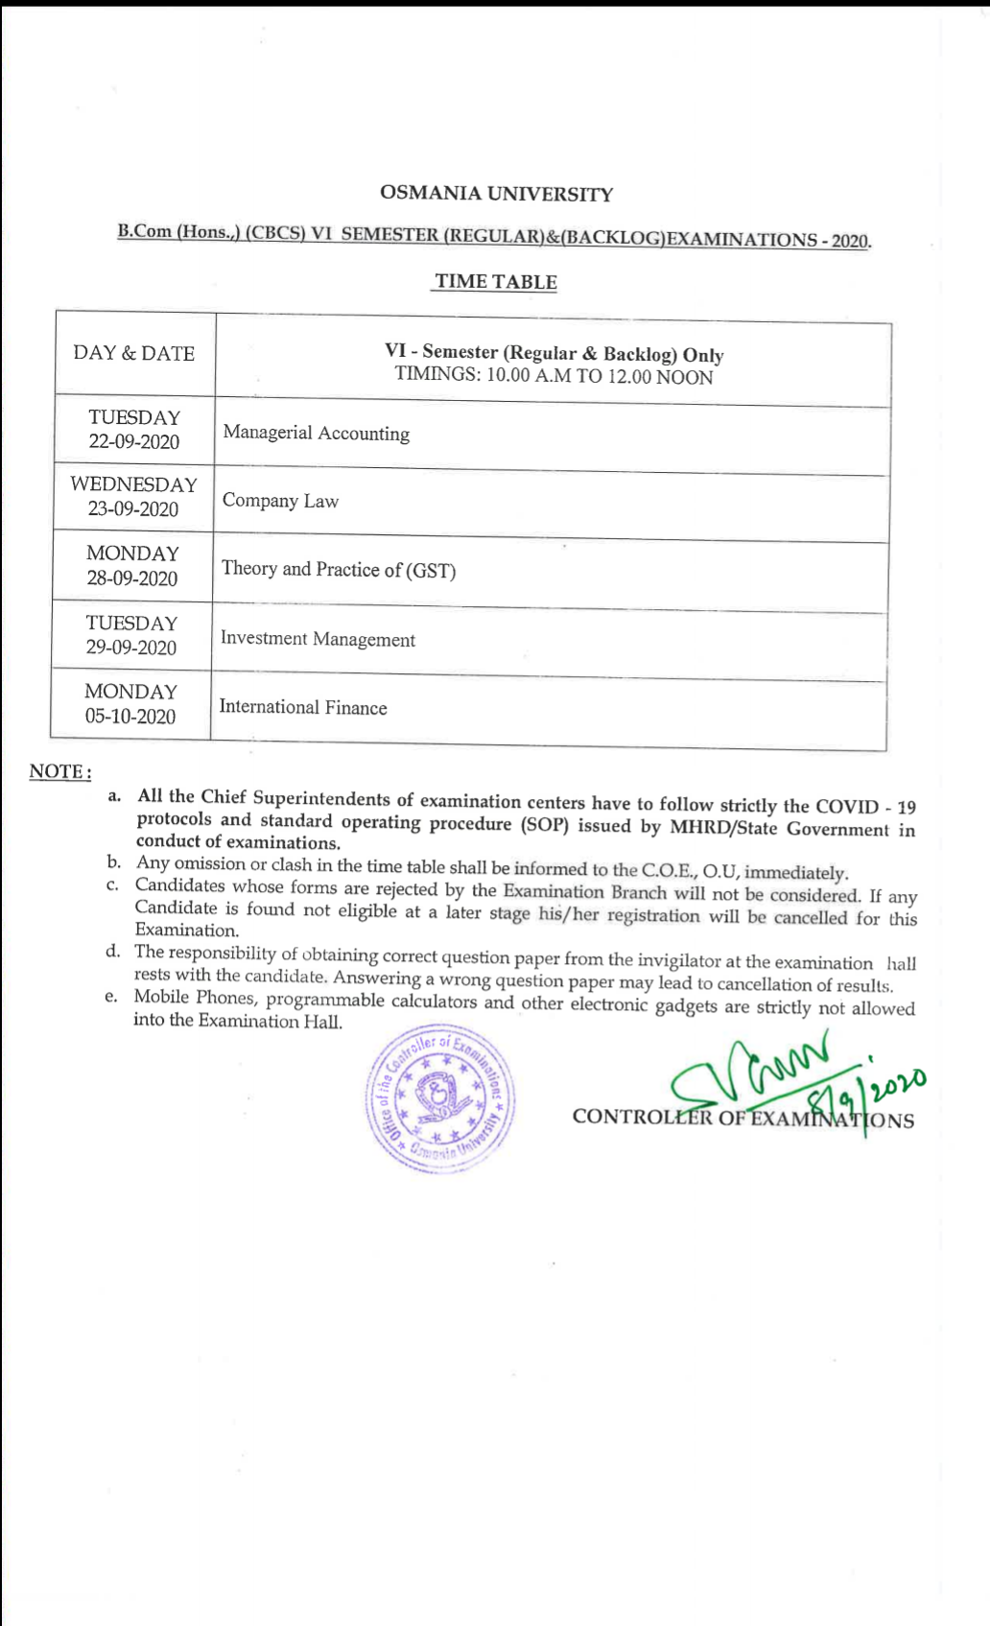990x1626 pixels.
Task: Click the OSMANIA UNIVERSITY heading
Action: pyautogui.click(x=496, y=193)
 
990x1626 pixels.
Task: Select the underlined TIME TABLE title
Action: pyautogui.click(x=495, y=281)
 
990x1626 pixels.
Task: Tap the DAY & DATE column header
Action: pyautogui.click(x=133, y=353)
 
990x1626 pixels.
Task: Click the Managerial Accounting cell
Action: pyautogui.click(x=317, y=433)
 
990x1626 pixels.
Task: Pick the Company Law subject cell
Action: pyautogui.click(x=280, y=501)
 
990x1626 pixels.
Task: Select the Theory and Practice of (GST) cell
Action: pyautogui.click(x=339, y=570)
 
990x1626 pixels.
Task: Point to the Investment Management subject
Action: pyautogui.click(x=318, y=639)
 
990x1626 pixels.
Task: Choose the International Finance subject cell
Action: pyautogui.click(x=303, y=707)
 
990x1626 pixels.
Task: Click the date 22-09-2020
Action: pyautogui.click(x=134, y=442)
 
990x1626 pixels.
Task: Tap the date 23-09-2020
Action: pyautogui.click(x=133, y=509)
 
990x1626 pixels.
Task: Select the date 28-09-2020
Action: pyautogui.click(x=132, y=578)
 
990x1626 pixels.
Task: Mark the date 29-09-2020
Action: pyautogui.click(x=131, y=648)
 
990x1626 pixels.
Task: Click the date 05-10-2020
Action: pyautogui.click(x=130, y=717)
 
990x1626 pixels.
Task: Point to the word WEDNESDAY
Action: pyautogui.click(x=133, y=484)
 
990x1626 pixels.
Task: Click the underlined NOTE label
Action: pyautogui.click(x=59, y=771)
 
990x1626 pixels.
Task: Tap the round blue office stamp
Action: pyautogui.click(x=440, y=1097)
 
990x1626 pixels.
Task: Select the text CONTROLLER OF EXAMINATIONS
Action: pyautogui.click(x=742, y=1119)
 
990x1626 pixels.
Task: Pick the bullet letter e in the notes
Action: pyautogui.click(x=111, y=997)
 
